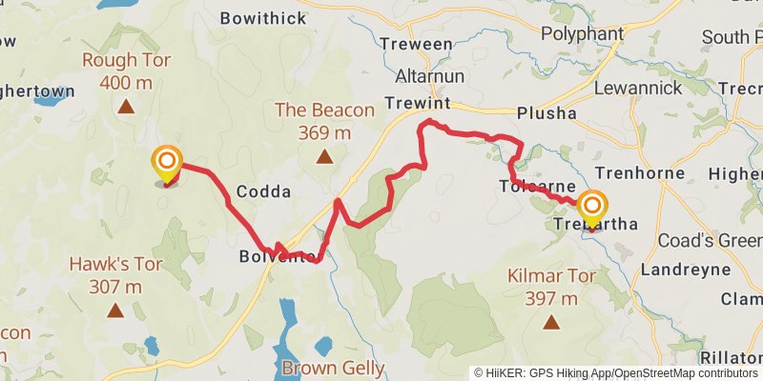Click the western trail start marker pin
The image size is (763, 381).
(167, 164)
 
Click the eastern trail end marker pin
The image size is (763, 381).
(592, 209)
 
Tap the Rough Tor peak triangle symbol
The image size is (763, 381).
(125, 107)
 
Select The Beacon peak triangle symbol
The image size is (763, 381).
(324, 156)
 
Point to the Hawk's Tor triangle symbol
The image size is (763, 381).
(115, 310)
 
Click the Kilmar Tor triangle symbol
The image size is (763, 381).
(550, 323)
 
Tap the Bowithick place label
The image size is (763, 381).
(264, 17)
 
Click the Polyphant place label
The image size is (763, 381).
(581, 33)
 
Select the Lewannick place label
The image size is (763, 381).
(638, 87)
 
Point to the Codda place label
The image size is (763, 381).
(263, 191)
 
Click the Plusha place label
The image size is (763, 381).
(546, 112)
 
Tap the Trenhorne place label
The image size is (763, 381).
(639, 173)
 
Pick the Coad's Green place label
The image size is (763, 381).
(710, 241)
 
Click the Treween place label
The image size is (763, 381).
(416, 44)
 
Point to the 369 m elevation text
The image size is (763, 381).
(324, 132)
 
